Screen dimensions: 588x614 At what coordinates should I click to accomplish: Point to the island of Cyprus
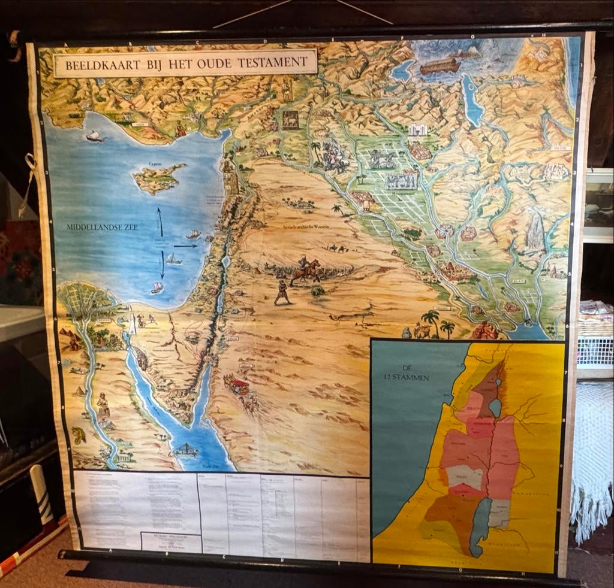tap(158, 178)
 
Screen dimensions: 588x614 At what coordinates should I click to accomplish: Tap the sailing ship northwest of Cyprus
tap(95, 137)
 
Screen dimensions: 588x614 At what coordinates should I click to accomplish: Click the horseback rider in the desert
tap(306, 270)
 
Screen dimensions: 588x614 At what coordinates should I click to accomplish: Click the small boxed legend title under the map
tap(171, 542)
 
